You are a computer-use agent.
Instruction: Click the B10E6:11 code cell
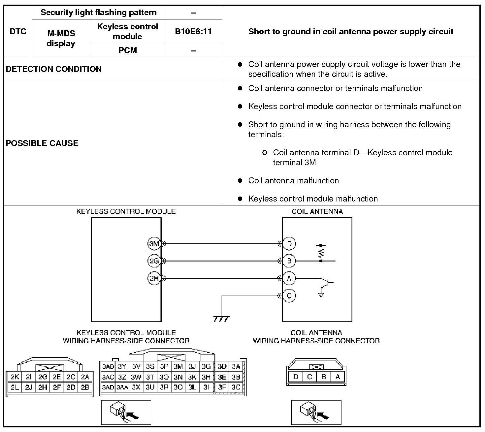click(193, 32)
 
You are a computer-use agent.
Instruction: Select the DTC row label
click(18, 32)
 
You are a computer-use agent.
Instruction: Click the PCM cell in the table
click(127, 50)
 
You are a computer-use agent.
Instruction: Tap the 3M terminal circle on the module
click(154, 244)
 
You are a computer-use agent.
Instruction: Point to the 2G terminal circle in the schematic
click(154, 261)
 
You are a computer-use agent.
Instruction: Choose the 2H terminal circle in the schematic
click(154, 278)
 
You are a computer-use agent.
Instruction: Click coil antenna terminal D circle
click(289, 244)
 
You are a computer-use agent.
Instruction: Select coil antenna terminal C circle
click(289, 295)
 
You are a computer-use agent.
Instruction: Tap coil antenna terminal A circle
click(289, 278)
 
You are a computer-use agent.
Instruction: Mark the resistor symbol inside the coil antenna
click(321, 253)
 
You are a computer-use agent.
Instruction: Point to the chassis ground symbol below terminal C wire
click(221, 319)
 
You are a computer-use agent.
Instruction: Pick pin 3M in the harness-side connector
click(178, 366)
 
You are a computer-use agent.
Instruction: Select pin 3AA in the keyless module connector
click(122, 388)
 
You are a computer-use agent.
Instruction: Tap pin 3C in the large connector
click(236, 388)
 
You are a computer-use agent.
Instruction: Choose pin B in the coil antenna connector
click(324, 377)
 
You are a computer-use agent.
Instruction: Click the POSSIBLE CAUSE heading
click(42, 143)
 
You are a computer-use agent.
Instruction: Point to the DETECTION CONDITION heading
click(54, 69)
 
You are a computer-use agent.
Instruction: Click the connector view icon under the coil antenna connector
click(316, 412)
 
